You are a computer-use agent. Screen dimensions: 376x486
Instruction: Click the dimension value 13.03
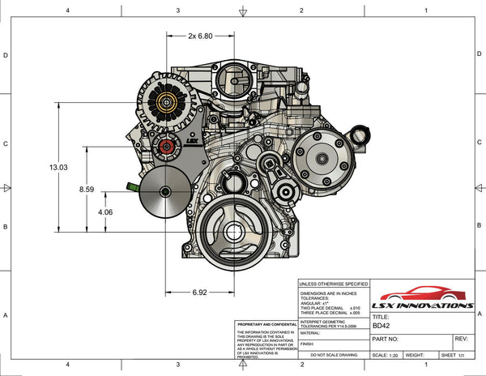[x=58, y=167]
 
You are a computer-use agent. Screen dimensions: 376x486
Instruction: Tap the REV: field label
[x=462, y=339]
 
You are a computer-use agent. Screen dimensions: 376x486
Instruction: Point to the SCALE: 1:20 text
[x=385, y=355]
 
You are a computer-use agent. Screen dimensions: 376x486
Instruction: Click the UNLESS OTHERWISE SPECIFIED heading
[x=332, y=284]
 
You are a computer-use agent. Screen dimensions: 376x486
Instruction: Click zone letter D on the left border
[x=6, y=56]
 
